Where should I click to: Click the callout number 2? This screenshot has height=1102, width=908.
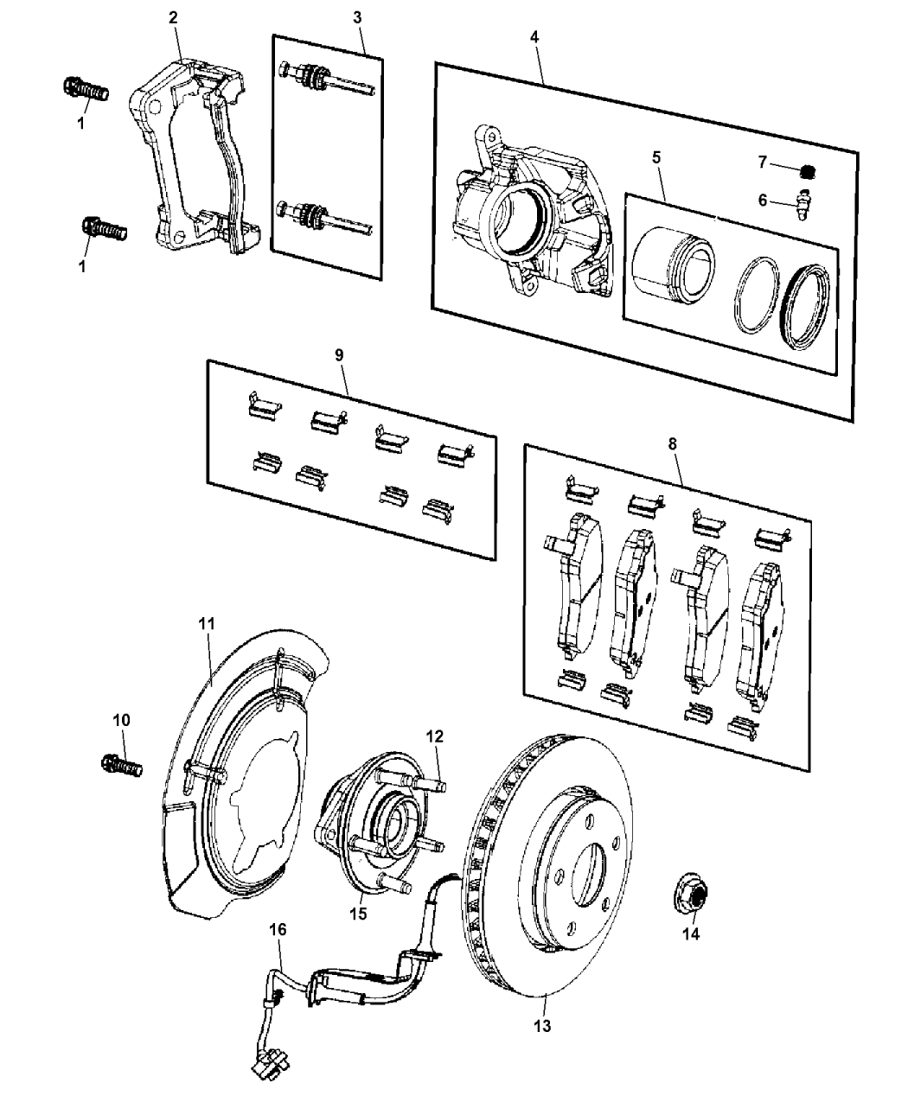pyautogui.click(x=175, y=16)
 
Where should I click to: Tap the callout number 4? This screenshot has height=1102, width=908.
pyautogui.click(x=534, y=37)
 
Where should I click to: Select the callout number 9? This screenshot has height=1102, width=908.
pyautogui.click(x=339, y=354)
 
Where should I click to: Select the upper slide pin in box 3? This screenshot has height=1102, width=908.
pyautogui.click(x=324, y=79)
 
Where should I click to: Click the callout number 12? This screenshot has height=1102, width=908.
pyautogui.click(x=434, y=736)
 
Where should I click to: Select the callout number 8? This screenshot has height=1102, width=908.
pyautogui.click(x=673, y=443)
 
